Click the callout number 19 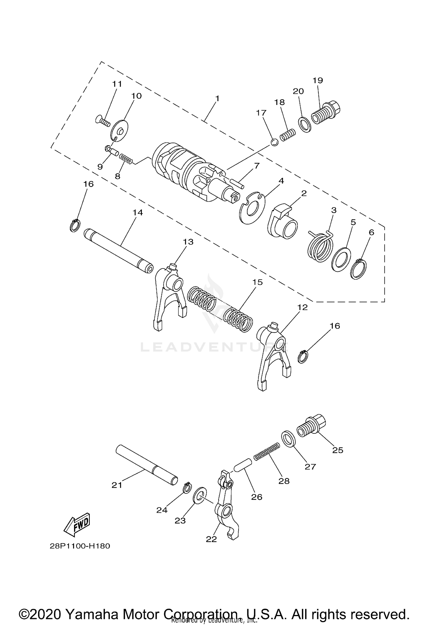pos(318,80)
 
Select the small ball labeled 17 pos(274,142)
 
